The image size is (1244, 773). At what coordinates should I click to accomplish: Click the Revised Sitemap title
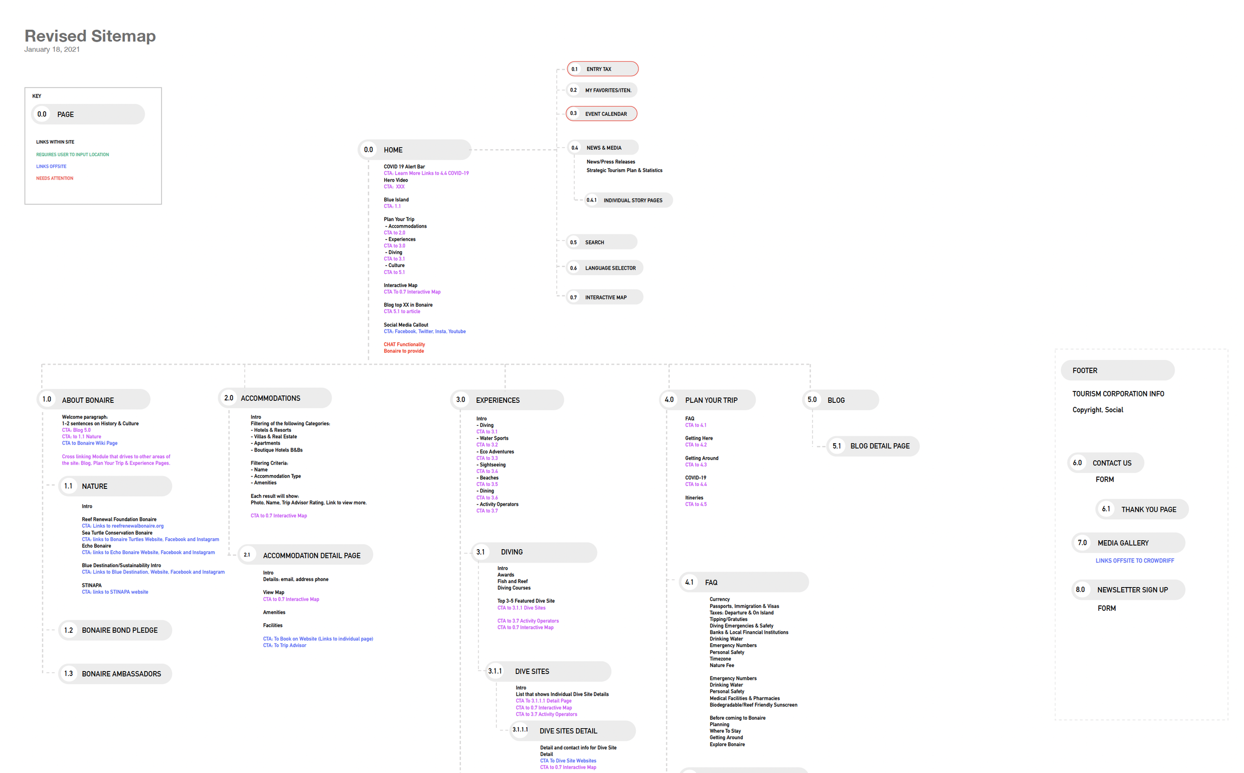tap(90, 36)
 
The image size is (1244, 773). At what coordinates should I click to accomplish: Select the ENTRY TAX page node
tap(602, 69)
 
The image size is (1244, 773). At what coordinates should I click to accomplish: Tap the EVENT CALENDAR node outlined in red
tap(601, 113)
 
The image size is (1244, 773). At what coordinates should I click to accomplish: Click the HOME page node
tap(414, 150)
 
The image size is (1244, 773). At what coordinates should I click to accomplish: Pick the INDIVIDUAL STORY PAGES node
tap(628, 200)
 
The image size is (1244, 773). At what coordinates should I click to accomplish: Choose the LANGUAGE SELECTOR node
tap(605, 268)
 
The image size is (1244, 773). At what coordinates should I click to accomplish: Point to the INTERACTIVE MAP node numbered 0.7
tap(605, 297)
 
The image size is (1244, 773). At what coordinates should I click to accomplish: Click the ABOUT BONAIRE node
tap(94, 400)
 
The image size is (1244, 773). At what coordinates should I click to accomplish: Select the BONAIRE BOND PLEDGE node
tap(115, 630)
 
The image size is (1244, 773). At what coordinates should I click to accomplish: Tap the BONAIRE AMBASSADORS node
tap(115, 674)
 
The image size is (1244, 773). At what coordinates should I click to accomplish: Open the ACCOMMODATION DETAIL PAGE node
tap(306, 555)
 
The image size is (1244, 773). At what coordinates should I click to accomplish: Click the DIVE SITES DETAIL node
tap(573, 731)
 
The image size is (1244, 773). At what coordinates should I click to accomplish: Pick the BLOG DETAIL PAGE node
tap(873, 446)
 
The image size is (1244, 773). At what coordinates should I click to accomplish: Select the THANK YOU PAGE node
tap(1141, 509)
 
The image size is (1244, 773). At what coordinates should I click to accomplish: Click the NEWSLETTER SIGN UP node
tap(1128, 589)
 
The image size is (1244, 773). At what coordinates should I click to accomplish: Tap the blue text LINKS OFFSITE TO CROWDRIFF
tap(1135, 561)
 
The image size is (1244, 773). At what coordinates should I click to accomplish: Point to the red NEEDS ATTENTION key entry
tap(55, 179)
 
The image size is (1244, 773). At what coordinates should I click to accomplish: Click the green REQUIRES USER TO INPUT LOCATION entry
tap(73, 154)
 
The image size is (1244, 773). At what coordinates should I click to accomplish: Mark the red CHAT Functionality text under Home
tap(404, 345)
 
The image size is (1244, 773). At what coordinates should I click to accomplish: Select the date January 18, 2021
tap(52, 50)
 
